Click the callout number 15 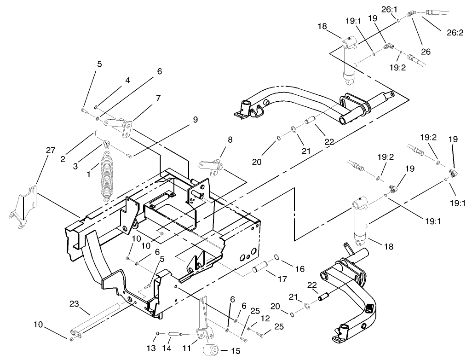click(x=236, y=351)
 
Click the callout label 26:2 click(x=455, y=32)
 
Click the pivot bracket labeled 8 click(x=211, y=168)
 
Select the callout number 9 click(x=196, y=119)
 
